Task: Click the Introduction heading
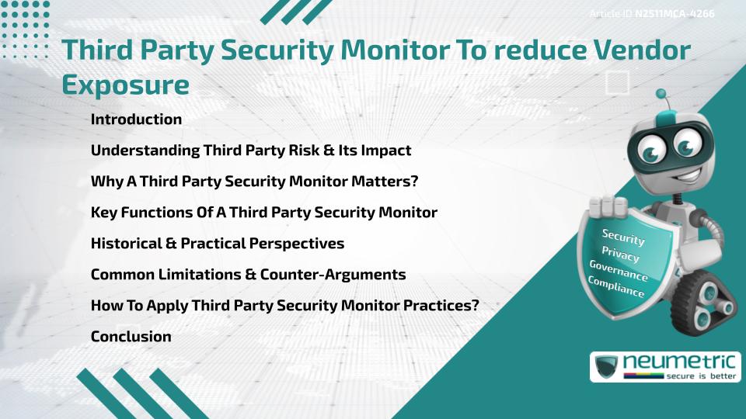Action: (x=136, y=119)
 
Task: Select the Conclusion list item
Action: (x=131, y=337)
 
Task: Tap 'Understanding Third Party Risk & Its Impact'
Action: (x=250, y=151)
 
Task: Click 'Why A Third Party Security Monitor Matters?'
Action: (x=254, y=182)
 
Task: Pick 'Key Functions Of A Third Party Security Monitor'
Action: (x=263, y=213)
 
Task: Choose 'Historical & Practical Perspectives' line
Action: (x=217, y=244)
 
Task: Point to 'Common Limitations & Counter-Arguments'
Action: (x=248, y=275)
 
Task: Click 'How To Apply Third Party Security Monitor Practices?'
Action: (x=284, y=306)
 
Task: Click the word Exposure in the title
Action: (x=125, y=85)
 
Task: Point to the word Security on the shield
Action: (x=623, y=237)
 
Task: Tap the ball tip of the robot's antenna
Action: (x=661, y=95)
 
